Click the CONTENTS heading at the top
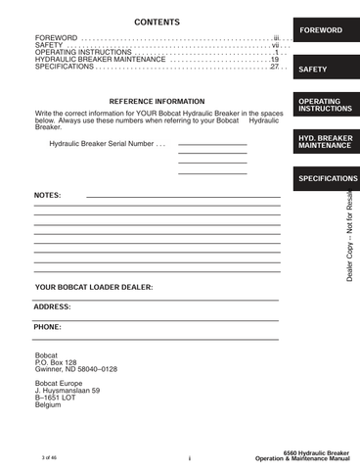157,21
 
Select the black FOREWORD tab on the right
321,30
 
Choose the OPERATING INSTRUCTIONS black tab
321,106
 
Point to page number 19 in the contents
275,59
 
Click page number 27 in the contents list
275,67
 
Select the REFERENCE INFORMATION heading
157,102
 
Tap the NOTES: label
47,196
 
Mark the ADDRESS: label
52,307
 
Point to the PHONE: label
48,327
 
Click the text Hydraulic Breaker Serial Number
104,144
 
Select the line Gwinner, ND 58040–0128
75,370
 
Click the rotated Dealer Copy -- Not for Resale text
349,236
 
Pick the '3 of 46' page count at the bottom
50,457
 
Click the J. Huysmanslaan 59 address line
67,390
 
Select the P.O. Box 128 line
55,362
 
